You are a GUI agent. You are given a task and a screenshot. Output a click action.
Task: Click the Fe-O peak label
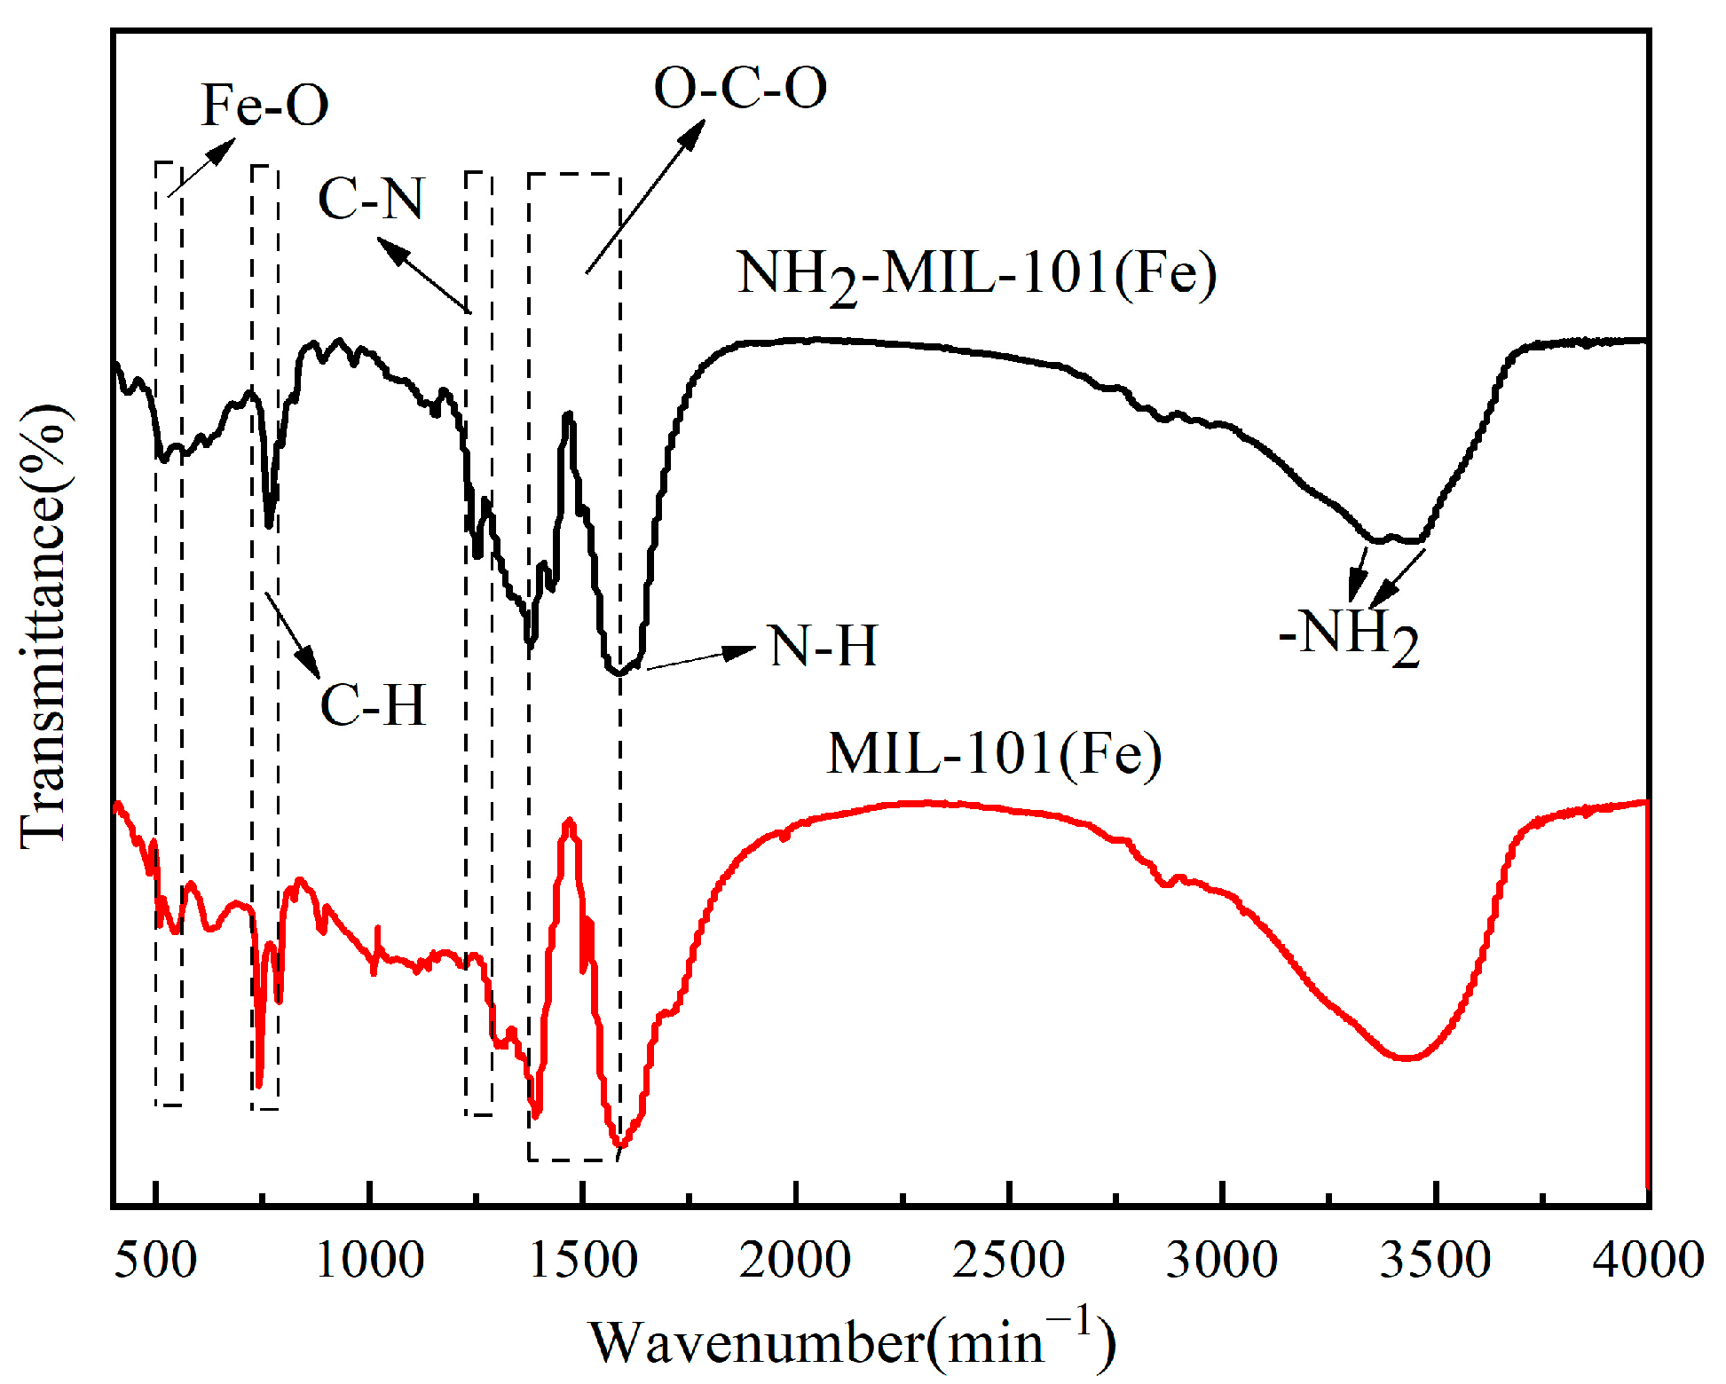point(264,106)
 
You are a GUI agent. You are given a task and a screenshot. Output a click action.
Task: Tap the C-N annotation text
point(371,198)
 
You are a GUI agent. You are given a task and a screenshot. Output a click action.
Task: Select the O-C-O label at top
point(740,88)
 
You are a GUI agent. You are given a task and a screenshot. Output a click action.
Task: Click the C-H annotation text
point(373,705)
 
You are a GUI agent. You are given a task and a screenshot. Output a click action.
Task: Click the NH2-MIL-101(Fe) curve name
point(976,274)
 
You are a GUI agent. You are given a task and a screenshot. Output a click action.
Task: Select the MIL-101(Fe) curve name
point(994,754)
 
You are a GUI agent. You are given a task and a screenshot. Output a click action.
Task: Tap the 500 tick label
point(155,1260)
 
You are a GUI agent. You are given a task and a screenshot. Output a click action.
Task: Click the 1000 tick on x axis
point(369,1260)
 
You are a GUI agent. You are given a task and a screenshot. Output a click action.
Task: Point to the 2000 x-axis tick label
point(795,1260)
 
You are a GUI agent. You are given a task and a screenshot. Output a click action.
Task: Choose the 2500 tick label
point(1009,1260)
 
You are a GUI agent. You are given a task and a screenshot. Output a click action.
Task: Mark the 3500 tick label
point(1435,1260)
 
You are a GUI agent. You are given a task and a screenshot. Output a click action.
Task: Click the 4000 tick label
point(1647,1260)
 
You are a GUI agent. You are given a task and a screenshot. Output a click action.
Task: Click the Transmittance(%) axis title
point(43,625)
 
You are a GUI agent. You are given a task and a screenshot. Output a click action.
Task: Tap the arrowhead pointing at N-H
point(742,651)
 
